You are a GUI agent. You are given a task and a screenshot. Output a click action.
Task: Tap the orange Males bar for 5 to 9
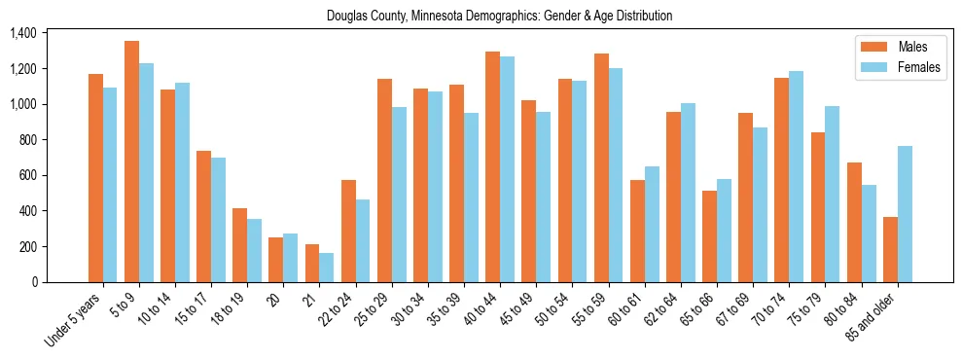pyautogui.click(x=131, y=162)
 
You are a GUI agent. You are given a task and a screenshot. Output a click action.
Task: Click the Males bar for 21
pyautogui.click(x=312, y=263)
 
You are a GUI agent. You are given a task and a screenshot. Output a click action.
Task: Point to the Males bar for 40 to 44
pyautogui.click(x=492, y=166)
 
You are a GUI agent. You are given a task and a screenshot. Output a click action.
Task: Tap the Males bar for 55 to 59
pyautogui.click(x=601, y=167)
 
